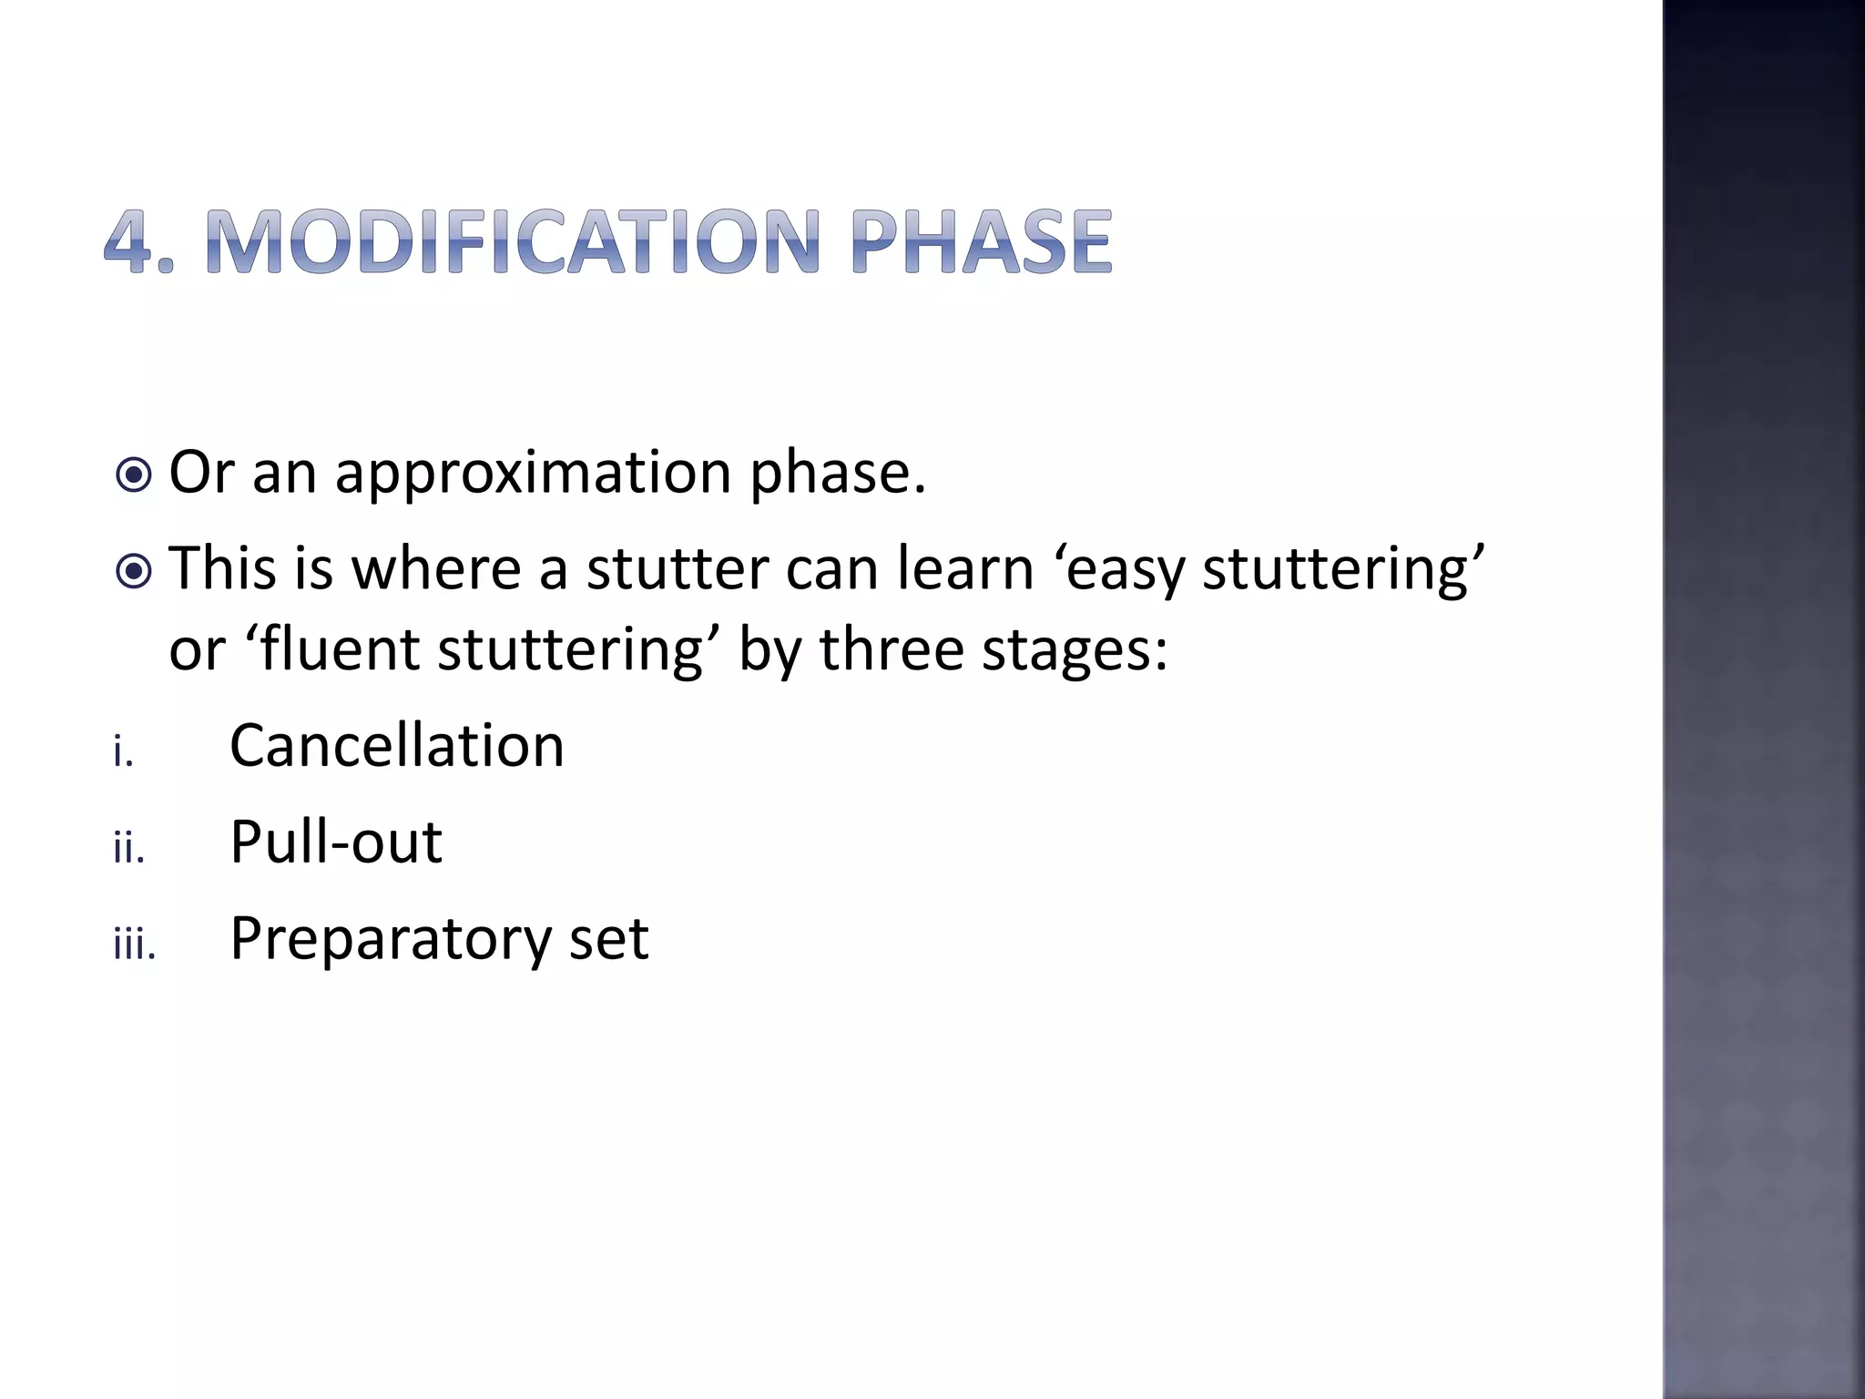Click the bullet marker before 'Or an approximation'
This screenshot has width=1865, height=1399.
point(135,475)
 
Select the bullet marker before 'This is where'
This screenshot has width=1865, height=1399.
point(135,571)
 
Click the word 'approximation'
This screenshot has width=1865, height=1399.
point(533,475)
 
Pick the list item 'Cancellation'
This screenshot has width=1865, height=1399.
point(397,746)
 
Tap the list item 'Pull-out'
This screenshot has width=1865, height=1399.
point(336,842)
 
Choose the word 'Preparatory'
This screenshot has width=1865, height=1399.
point(390,939)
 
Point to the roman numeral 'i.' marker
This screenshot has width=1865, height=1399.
point(123,753)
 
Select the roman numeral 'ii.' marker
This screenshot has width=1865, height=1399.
point(128,849)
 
